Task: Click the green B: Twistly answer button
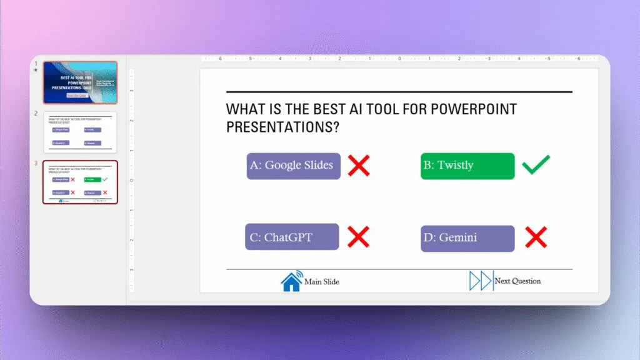467,166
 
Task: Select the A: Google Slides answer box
293,166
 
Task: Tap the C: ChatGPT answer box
292,237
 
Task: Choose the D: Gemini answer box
467,238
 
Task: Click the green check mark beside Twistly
536,165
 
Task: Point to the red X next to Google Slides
359,166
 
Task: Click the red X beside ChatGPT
359,237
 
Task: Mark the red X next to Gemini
536,237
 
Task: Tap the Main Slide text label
322,282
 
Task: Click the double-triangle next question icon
481,281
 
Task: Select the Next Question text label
517,281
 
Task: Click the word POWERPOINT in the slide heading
475,109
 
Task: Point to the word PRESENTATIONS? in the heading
282,127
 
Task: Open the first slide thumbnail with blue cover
80,82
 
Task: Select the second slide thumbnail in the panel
80,132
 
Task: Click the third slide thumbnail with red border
80,182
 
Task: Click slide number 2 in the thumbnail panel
36,114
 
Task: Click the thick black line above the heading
399,92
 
